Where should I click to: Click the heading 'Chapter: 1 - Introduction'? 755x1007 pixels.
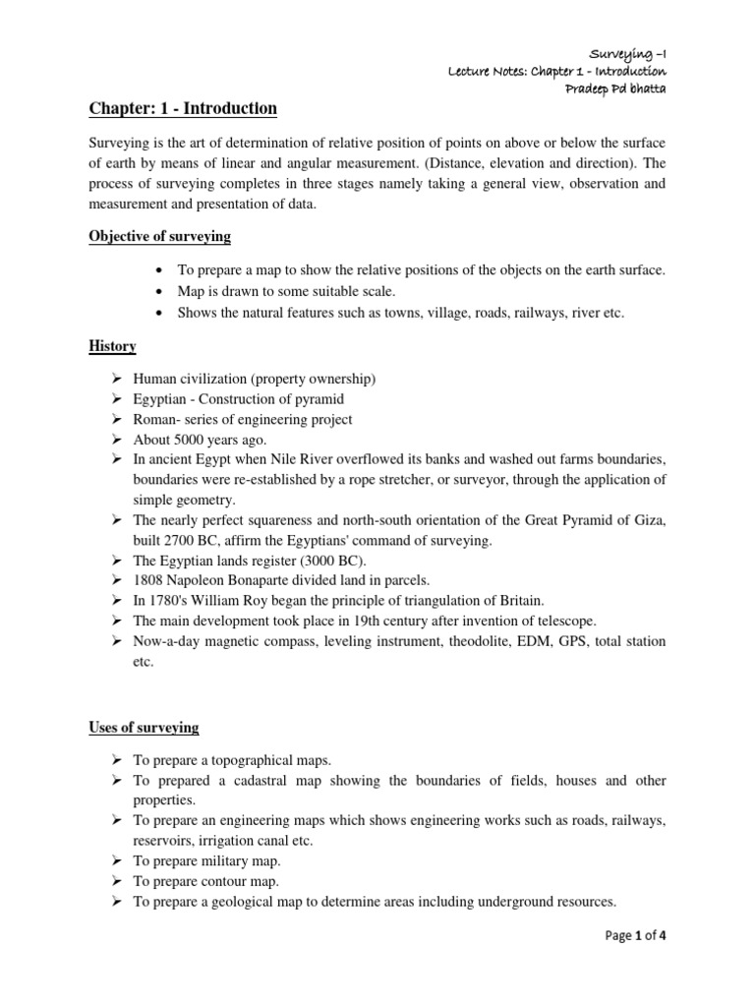(182, 108)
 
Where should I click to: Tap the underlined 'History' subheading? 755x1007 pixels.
(113, 346)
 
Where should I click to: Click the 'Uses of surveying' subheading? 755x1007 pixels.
(144, 728)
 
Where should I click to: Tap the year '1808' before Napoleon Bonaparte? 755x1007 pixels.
(149, 579)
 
